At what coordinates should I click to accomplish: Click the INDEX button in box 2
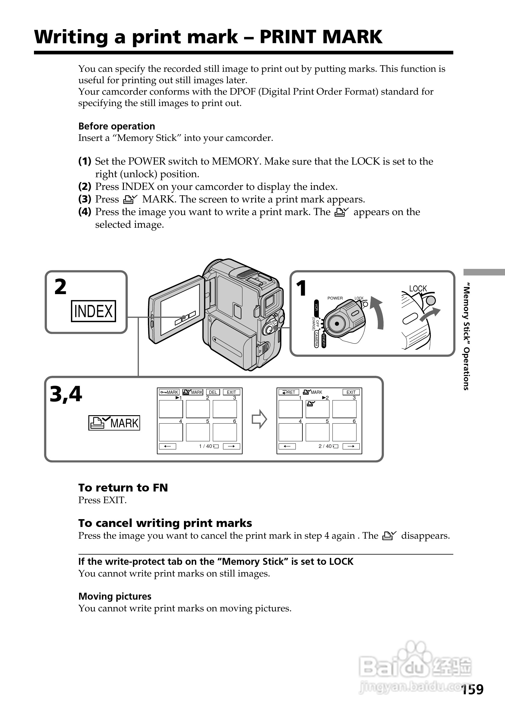click(93, 311)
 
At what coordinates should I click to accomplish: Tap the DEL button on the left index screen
click(213, 392)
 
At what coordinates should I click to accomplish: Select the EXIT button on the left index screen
click(231, 392)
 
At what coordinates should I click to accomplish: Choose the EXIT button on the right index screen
click(351, 392)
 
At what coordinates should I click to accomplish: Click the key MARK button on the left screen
click(169, 392)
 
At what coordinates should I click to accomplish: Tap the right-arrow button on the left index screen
click(231, 446)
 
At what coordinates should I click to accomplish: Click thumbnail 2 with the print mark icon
click(317, 409)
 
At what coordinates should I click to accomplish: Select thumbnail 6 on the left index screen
click(225, 432)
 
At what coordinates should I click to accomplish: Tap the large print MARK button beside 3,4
click(114, 423)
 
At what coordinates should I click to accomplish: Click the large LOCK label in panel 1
click(418, 289)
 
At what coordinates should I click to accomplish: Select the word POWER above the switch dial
click(335, 298)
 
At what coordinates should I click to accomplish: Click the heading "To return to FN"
click(123, 487)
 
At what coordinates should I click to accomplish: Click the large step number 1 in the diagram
click(301, 288)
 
